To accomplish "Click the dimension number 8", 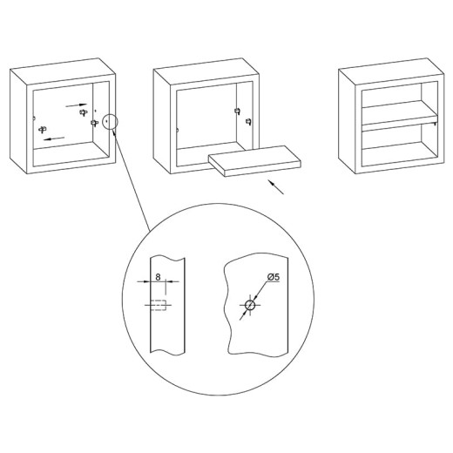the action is click(x=158, y=277).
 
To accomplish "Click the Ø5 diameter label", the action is click(x=274, y=277).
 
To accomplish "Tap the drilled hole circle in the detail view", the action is click(x=250, y=305).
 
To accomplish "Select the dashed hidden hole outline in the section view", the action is click(x=159, y=305).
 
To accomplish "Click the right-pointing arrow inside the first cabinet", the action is click(x=77, y=105).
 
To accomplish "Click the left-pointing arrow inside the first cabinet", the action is click(x=54, y=139).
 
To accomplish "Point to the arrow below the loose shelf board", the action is click(x=275, y=187).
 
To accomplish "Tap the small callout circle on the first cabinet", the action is click(x=111, y=121).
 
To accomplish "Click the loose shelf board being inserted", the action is click(x=254, y=161).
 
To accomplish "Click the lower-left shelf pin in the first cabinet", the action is click(x=43, y=129).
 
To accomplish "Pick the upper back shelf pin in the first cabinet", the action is click(x=84, y=112).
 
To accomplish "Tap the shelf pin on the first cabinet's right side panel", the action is click(x=94, y=123).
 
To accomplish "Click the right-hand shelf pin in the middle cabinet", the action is click(x=248, y=121).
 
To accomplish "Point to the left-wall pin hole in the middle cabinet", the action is click(x=178, y=130).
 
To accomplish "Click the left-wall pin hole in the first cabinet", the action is click(x=34, y=118).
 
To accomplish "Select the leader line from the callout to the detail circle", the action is click(x=132, y=180).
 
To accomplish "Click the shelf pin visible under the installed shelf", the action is click(x=435, y=124).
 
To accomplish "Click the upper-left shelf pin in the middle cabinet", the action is click(x=237, y=112).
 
